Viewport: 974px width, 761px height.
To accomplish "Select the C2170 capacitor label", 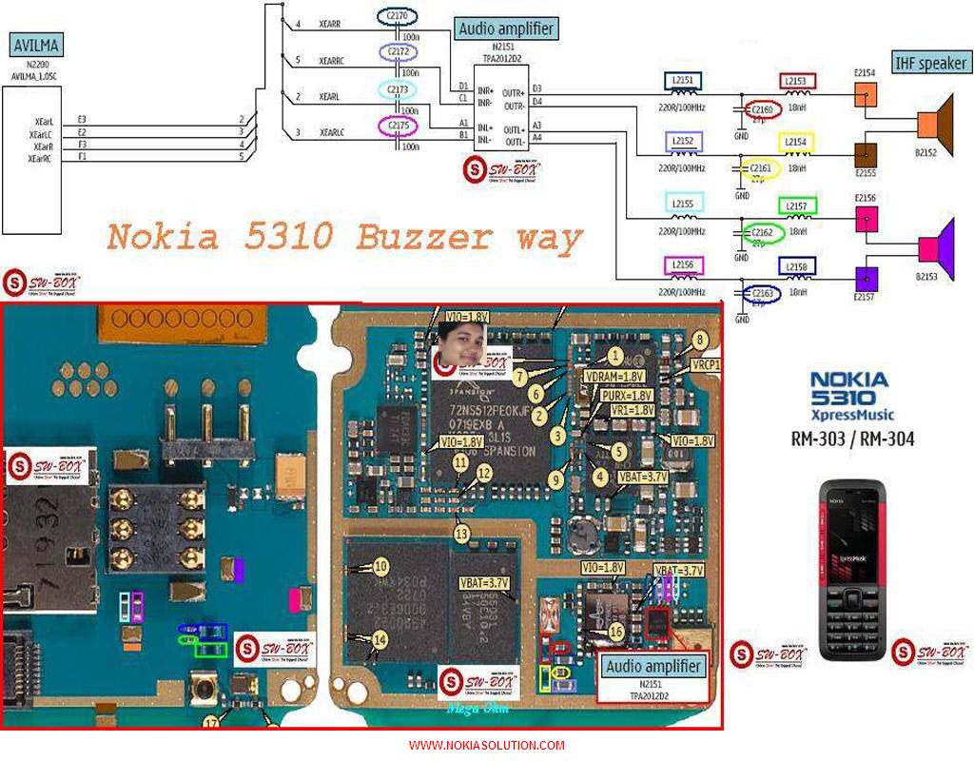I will click(397, 16).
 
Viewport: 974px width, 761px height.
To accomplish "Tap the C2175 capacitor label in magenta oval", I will click(398, 125).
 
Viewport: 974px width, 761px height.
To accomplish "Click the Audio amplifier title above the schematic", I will click(506, 29).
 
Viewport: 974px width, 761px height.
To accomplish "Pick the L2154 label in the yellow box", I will click(797, 142).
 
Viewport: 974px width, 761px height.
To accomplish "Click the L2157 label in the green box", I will click(797, 205).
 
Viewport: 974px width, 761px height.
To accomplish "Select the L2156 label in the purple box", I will click(683, 266).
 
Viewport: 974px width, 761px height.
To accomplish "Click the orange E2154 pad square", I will click(866, 94).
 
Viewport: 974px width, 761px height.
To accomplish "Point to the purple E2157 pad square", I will click(866, 279).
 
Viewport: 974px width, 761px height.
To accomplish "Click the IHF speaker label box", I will click(930, 64).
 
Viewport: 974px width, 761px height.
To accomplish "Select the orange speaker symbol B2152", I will click(937, 122).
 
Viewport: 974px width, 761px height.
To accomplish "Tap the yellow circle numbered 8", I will click(700, 340).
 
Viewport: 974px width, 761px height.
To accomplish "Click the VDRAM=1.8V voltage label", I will click(615, 377).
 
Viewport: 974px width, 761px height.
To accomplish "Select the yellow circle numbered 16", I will click(616, 632).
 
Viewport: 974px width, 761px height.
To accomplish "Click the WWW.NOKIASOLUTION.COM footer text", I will click(487, 746).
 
